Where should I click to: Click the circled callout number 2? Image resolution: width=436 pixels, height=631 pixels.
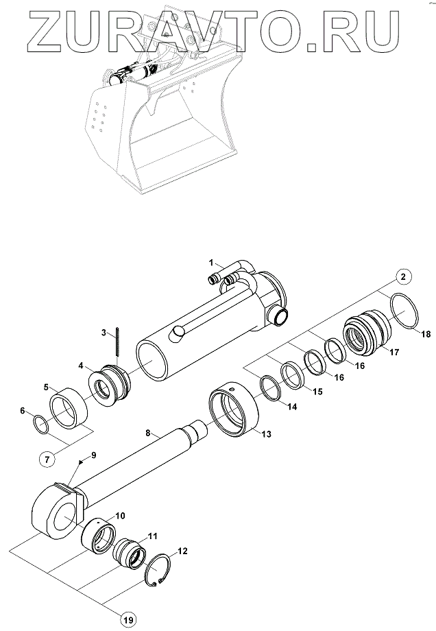pos(403,276)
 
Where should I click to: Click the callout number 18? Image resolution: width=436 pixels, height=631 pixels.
pos(426,334)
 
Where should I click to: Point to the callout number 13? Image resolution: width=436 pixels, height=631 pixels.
pos(266,434)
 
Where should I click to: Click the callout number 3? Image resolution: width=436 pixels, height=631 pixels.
pos(104,333)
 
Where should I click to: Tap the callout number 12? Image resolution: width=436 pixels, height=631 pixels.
pos(182,551)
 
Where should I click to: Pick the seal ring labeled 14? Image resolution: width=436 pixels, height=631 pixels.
pos(270,392)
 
